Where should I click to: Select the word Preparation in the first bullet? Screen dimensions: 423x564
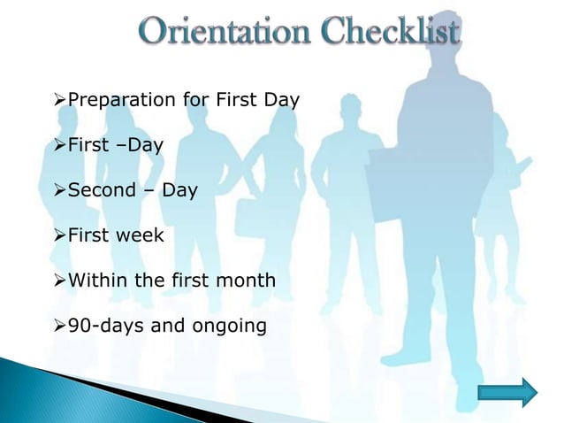[x=122, y=98]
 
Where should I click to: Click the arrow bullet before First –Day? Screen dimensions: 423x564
[x=59, y=144]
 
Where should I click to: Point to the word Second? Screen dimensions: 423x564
[x=101, y=189]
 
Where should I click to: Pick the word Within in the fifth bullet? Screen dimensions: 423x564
[x=96, y=281]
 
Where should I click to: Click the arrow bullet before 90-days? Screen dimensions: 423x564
[x=59, y=327]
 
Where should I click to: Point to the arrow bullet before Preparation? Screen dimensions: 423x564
[x=59, y=98]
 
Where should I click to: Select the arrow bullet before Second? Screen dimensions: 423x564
[x=59, y=189]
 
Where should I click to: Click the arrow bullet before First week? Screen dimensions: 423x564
[x=59, y=235]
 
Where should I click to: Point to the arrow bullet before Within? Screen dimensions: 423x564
[x=59, y=281]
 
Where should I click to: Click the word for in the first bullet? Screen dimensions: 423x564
[x=195, y=98]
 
